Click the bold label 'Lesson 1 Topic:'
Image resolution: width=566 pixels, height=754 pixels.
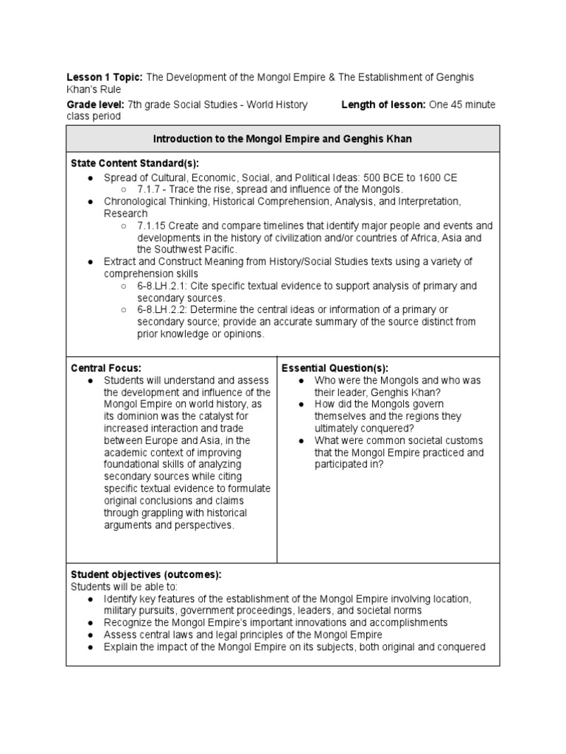[105, 77]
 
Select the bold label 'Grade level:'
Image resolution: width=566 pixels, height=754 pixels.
[95, 105]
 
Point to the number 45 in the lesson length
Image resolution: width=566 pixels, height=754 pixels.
[456, 105]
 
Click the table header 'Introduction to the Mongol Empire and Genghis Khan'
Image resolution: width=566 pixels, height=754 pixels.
[282, 138]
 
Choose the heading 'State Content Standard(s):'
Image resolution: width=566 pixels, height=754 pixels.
[134, 163]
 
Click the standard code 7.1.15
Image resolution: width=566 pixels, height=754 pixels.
[152, 225]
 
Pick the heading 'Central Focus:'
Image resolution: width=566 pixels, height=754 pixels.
[105, 367]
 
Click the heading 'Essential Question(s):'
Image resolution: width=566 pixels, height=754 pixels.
[335, 367]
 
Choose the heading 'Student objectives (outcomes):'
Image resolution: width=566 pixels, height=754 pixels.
[145, 574]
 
